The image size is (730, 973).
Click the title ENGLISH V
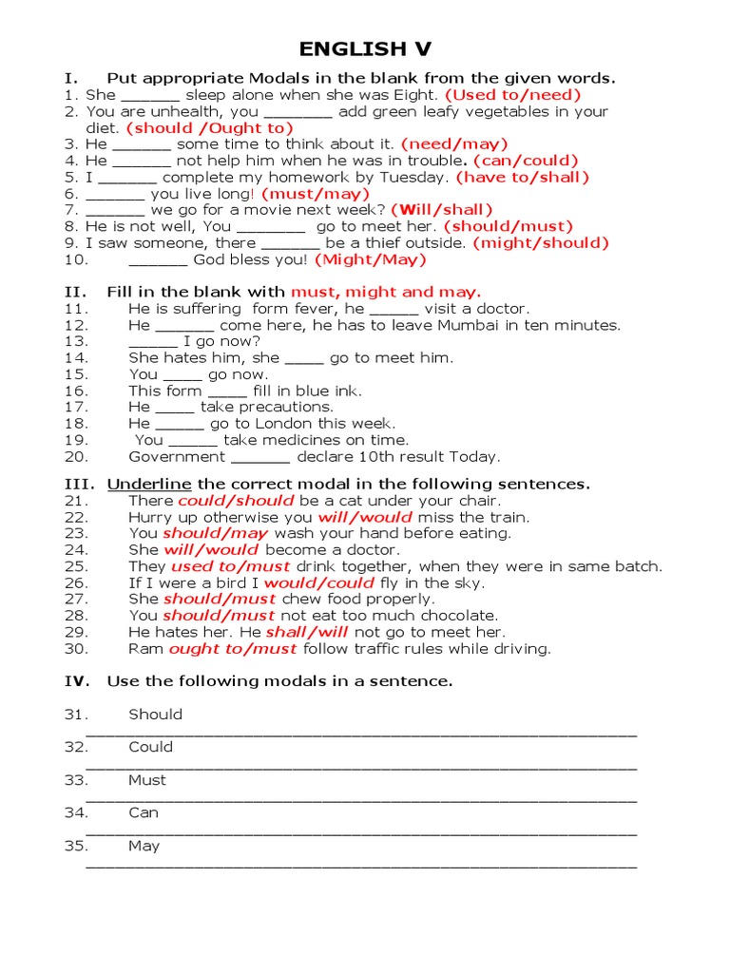coord(365,49)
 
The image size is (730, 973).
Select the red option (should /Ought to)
coord(209,127)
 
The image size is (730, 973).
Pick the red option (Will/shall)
coord(442,210)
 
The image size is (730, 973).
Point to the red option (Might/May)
coord(371,259)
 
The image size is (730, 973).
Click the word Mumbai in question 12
coord(468,325)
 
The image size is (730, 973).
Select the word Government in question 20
coord(176,456)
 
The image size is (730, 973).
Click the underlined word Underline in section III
coord(149,484)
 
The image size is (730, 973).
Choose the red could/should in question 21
coord(236,501)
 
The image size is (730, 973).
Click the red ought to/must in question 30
coord(233,649)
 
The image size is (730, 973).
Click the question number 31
coord(76,715)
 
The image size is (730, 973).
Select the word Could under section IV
coord(151,747)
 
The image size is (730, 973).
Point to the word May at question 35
coord(144,846)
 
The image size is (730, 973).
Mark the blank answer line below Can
coord(361,832)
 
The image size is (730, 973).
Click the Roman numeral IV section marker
coord(76,681)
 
